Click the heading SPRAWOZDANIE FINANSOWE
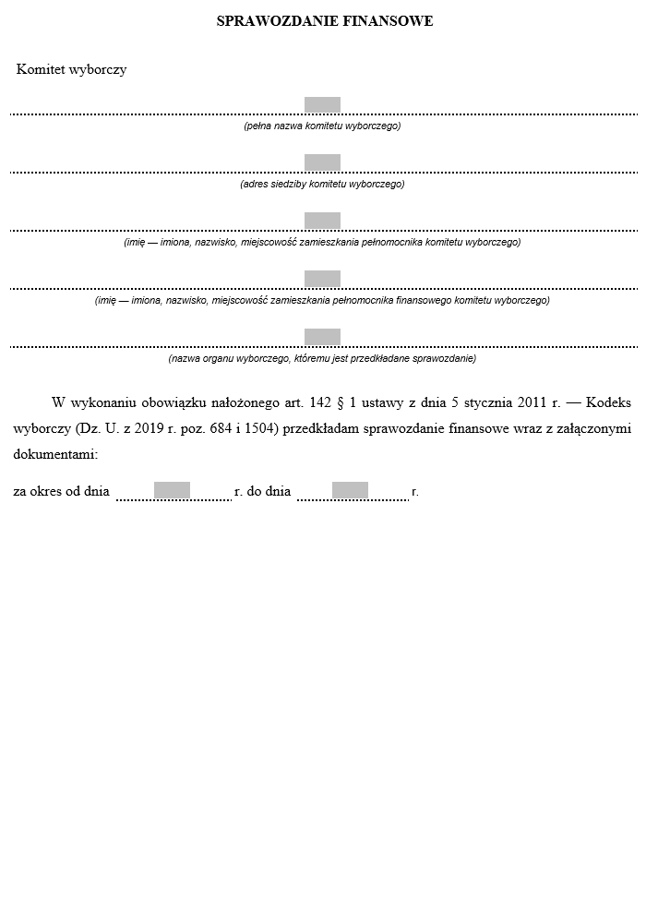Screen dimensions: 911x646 pos(324,20)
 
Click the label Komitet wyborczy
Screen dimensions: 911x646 pos(71,70)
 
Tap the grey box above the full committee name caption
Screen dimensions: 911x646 pos(322,105)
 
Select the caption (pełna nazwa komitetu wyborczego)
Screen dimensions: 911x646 pos(322,126)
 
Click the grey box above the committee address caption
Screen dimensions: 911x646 pos(322,162)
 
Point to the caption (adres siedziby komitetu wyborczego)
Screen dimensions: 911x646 pos(322,184)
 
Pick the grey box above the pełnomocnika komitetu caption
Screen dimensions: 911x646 pos(322,221)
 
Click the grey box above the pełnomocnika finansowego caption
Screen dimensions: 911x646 pos(322,279)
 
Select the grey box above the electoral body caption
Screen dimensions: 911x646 pos(322,337)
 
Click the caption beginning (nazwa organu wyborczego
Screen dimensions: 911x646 pos(322,358)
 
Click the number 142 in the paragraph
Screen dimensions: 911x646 pos(319,402)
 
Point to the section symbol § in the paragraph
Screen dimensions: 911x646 pos(341,402)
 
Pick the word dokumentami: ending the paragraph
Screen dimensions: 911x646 pos(55,454)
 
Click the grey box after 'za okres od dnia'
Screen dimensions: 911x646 pos(172,490)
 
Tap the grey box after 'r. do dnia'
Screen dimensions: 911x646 pos(350,490)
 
